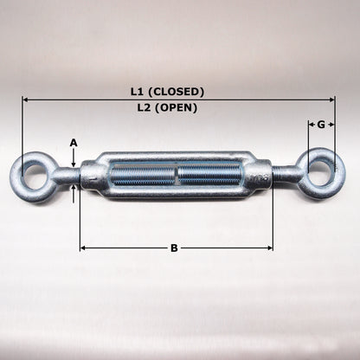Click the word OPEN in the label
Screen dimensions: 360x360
click(x=183, y=108)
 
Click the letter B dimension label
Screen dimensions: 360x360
click(x=174, y=248)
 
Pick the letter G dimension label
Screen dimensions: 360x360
click(x=321, y=125)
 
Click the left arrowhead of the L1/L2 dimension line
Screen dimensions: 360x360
click(x=26, y=100)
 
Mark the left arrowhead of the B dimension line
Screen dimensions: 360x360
click(x=83, y=248)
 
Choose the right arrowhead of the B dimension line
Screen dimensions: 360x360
click(x=269, y=248)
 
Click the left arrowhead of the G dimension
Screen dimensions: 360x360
click(x=310, y=125)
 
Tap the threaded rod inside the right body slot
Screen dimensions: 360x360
click(x=208, y=174)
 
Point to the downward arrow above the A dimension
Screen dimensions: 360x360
click(x=74, y=161)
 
